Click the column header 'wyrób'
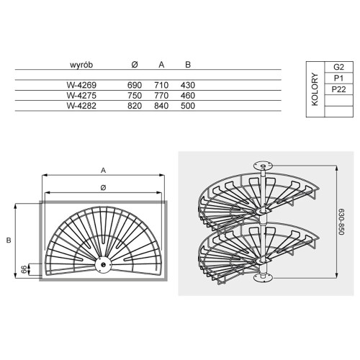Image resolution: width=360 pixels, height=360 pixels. pos(81,65)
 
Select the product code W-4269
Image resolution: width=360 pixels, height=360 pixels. pos(81,85)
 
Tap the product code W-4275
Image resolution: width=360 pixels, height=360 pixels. pos(81,96)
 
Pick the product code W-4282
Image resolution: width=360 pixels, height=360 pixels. pos(81,106)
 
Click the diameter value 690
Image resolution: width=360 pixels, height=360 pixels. pos(135,85)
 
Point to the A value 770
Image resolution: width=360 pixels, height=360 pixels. pos(161,96)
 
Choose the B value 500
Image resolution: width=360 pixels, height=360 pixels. pos(188,106)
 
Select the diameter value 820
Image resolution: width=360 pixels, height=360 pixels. pos(135,106)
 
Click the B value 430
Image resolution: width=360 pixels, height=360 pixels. pos(188,85)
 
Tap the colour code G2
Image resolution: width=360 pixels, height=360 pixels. pos(338,67)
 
